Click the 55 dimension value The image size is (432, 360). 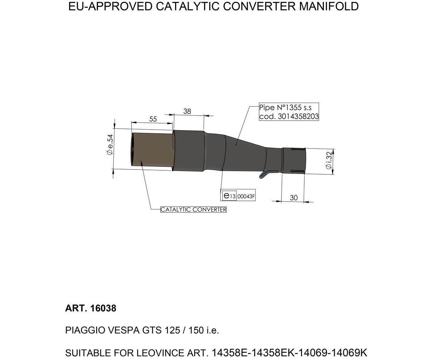pos(153,119)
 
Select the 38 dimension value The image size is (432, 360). pos(187,111)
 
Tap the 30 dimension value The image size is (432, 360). pos(293,198)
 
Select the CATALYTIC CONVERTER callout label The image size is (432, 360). pos(193,210)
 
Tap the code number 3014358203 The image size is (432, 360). pos(298,117)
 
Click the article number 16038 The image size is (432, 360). pos(103,309)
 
